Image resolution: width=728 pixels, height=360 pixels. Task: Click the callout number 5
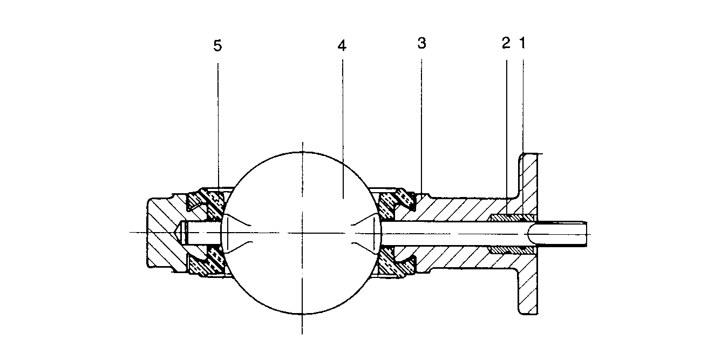coord(217,45)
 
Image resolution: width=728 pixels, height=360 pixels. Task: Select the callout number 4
coord(341,45)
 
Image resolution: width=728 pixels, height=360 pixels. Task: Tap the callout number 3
coord(422,44)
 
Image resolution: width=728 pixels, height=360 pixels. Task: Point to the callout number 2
coord(506,44)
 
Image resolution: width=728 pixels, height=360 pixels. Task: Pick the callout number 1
coord(522,44)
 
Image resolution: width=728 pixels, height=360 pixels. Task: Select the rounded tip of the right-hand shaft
coord(529,233)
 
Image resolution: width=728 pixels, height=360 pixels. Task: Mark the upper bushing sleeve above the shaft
coord(510,218)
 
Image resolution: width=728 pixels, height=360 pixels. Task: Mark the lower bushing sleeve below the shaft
coord(510,250)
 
